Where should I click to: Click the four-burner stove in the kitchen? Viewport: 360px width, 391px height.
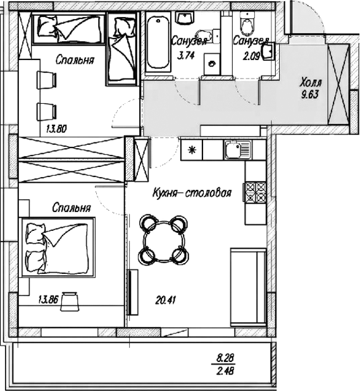tap(255, 192)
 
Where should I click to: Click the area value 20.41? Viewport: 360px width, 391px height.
tap(166, 300)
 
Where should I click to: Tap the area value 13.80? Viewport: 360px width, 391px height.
tap(56, 129)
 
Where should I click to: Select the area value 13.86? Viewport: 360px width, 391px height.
tap(48, 299)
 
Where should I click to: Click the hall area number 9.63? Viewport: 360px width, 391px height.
tap(310, 95)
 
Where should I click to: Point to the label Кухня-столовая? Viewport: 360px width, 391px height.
tap(192, 193)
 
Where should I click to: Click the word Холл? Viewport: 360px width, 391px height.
tap(311, 82)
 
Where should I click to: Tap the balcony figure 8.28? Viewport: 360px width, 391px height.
tap(225, 359)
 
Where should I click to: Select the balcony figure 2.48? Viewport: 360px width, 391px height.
tap(225, 371)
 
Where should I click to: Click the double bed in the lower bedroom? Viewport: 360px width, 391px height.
tap(58, 247)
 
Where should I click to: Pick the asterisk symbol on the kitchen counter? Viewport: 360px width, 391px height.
tap(192, 150)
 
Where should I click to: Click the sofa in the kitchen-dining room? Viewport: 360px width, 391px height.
tap(248, 287)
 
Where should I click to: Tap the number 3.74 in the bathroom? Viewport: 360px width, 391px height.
tap(185, 55)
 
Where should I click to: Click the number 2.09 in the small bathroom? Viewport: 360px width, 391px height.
tap(252, 56)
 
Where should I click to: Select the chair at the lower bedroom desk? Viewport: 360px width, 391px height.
tap(70, 302)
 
